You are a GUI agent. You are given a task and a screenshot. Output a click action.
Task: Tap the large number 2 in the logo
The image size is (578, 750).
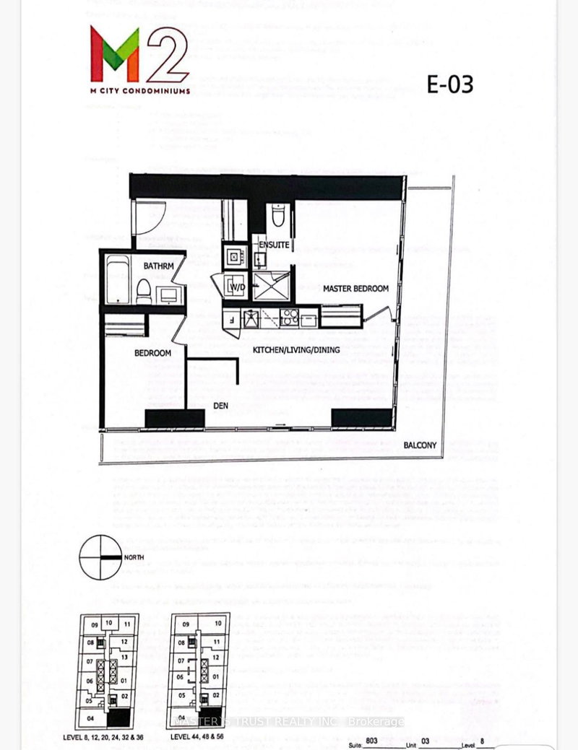click(167, 56)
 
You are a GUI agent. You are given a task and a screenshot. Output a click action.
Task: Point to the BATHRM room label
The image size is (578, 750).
click(158, 266)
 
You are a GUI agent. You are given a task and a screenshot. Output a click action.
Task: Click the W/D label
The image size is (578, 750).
click(236, 287)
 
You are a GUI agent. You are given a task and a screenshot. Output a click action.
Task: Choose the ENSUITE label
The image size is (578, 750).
click(275, 245)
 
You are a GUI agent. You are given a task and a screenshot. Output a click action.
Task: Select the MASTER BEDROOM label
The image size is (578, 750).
click(355, 289)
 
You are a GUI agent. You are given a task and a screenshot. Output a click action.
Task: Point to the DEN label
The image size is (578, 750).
click(220, 406)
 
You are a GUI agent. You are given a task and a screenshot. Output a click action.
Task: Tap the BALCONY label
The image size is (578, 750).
click(420, 445)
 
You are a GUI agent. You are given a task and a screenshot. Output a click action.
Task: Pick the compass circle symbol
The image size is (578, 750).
click(100, 557)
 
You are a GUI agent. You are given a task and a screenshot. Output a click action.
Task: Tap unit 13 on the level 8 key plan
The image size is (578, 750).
click(124, 657)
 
